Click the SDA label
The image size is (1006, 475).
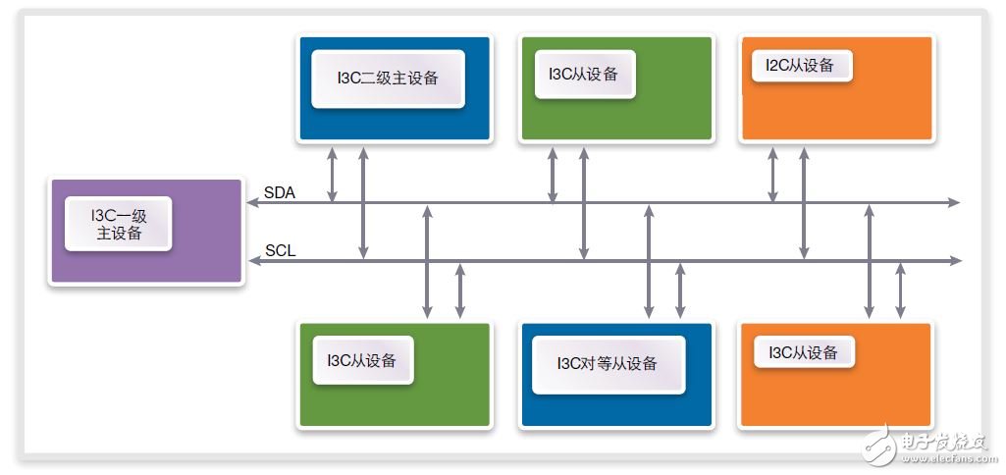[x=279, y=192]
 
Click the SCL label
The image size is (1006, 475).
[x=281, y=250]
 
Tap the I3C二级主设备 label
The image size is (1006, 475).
[x=388, y=79]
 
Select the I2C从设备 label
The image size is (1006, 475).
[x=800, y=65]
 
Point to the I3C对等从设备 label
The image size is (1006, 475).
[x=607, y=364]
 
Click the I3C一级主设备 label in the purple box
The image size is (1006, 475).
[x=119, y=224]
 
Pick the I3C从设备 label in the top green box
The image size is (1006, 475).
[x=583, y=74]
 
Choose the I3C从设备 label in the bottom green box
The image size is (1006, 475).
[x=361, y=360]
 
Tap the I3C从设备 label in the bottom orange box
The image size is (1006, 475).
[x=803, y=352]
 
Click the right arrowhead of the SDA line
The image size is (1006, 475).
[x=955, y=203]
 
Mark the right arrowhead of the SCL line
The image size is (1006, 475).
[x=956, y=260]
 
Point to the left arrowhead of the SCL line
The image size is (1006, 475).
[x=253, y=260]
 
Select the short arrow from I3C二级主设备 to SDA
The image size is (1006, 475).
[x=333, y=175]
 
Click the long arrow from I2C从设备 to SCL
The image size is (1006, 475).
[x=803, y=203]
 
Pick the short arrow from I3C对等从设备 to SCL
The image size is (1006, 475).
[x=680, y=290]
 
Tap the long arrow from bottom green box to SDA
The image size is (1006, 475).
[x=427, y=261]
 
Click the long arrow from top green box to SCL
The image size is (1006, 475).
[x=584, y=203]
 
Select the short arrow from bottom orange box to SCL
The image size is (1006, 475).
[x=900, y=290]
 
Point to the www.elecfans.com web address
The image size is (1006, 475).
[x=944, y=458]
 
